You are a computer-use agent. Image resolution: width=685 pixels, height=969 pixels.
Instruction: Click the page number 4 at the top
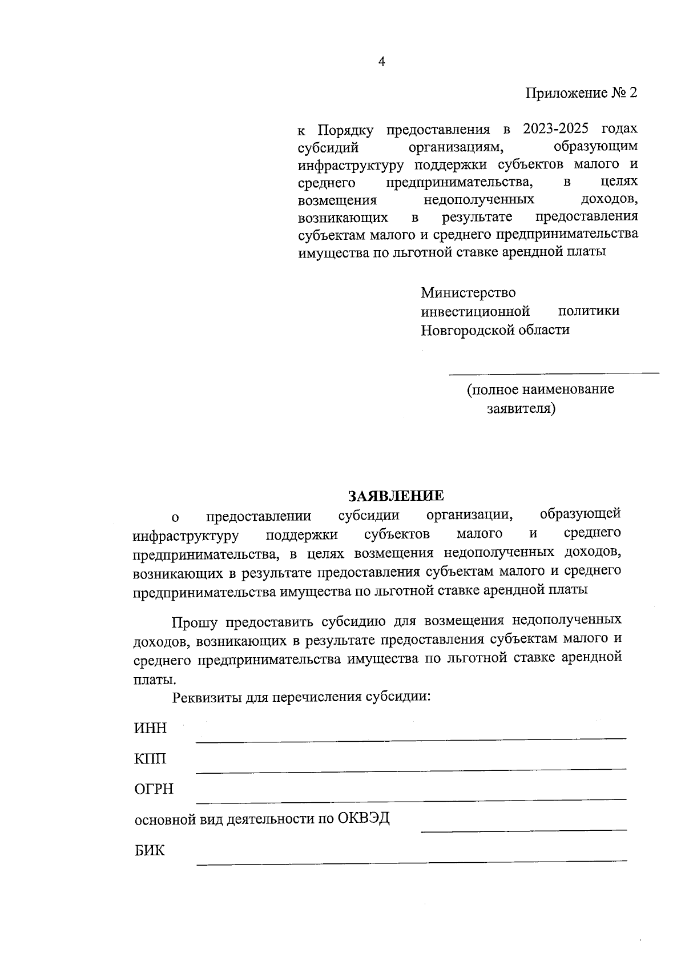(382, 62)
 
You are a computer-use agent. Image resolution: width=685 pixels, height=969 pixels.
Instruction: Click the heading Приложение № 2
(581, 93)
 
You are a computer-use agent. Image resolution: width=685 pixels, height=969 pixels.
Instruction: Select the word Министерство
(468, 293)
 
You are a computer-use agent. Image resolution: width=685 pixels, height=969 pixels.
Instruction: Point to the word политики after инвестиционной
(589, 311)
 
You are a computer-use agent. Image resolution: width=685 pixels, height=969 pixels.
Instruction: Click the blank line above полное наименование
(554, 373)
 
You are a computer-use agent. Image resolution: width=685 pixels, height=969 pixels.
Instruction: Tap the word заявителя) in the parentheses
(520, 409)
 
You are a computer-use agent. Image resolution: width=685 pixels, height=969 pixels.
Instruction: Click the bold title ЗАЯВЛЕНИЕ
(396, 495)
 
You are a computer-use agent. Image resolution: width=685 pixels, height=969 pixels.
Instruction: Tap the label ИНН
(150, 729)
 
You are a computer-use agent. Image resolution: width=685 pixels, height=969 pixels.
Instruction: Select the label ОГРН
(154, 790)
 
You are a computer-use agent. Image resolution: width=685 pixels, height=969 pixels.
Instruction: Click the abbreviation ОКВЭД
(363, 819)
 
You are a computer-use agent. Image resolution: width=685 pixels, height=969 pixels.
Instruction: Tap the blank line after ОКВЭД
(523, 830)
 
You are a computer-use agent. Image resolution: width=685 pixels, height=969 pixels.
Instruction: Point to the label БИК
(150, 850)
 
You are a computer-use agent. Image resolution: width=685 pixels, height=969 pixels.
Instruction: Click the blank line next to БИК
(411, 861)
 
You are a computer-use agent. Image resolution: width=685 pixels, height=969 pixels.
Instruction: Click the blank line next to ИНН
(411, 740)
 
